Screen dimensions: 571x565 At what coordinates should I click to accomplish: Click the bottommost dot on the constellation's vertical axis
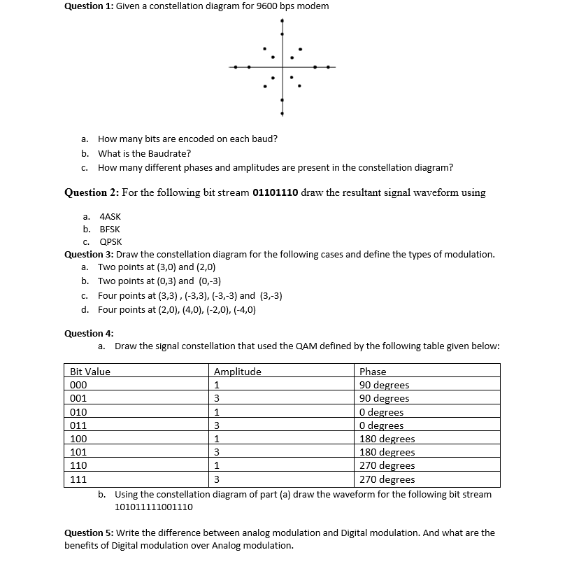tap(282, 113)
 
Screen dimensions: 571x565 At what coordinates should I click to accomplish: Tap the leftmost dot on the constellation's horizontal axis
tap(236, 67)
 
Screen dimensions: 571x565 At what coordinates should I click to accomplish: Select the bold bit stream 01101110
tap(276, 192)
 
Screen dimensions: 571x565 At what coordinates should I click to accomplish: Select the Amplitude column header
tap(238, 372)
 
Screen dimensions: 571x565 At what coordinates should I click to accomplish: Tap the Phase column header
tap(373, 372)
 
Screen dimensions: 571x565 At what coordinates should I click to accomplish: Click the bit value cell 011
tap(78, 425)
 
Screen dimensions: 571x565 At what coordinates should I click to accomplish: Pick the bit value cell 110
tap(78, 466)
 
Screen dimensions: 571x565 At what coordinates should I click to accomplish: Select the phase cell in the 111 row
tap(387, 479)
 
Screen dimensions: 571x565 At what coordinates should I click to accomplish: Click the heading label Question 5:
tap(90, 533)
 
